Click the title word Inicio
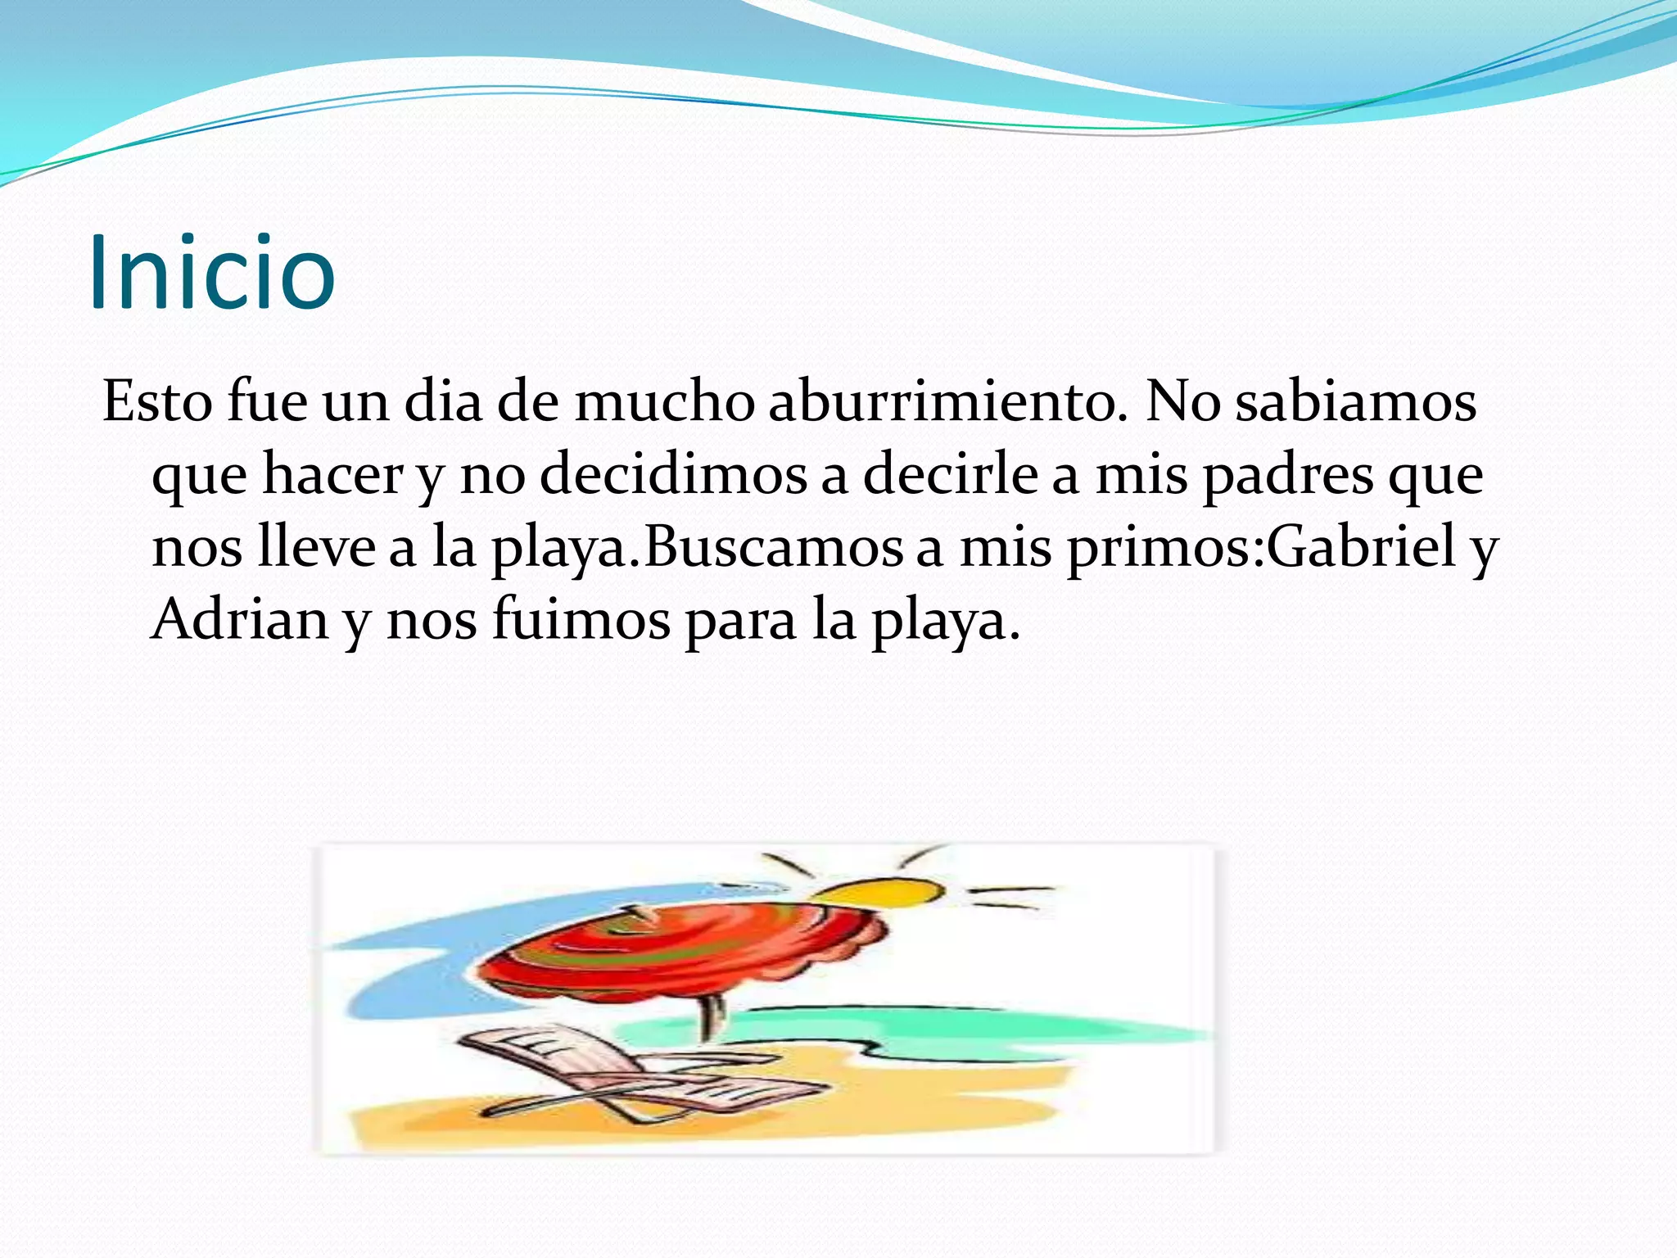click(211, 272)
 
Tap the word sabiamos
click(1355, 402)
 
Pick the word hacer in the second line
click(332, 475)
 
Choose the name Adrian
click(240, 620)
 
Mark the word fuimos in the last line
click(581, 620)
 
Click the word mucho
click(663, 402)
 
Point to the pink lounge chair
click(622, 1073)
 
